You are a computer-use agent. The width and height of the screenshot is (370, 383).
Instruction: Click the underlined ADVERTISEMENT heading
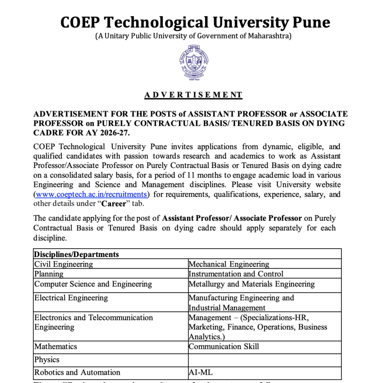tap(193, 95)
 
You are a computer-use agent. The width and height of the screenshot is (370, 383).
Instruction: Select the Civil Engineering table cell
tap(64, 264)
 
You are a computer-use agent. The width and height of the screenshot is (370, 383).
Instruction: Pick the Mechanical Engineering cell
tap(229, 264)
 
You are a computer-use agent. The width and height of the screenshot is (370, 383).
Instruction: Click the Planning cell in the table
tap(49, 274)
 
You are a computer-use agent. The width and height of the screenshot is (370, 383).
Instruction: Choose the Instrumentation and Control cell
tap(236, 274)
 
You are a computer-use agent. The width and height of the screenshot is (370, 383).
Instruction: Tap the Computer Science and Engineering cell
tap(93, 284)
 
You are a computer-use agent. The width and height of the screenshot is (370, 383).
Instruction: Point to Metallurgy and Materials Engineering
tap(252, 284)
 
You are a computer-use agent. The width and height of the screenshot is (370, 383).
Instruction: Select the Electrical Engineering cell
tap(71, 298)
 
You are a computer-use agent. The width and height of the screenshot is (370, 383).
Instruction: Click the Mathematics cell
tap(56, 346)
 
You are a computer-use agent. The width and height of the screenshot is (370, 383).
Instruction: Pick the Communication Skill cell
tap(224, 346)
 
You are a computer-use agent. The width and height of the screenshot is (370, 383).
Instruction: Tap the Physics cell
tap(47, 360)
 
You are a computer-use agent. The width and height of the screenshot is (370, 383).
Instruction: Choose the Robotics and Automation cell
tap(78, 373)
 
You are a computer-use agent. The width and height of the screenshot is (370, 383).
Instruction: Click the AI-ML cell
tap(201, 373)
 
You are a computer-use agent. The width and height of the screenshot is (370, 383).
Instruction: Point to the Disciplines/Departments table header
tap(77, 254)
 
